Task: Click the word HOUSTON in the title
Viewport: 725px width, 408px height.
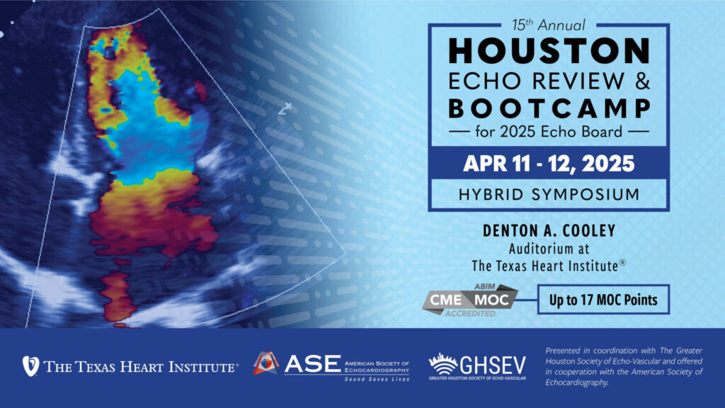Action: coord(548,52)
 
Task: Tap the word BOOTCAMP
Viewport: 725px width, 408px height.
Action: coord(548,108)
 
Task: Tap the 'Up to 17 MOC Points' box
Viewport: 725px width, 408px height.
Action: coord(603,300)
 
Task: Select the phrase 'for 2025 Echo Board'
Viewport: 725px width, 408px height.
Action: coord(548,132)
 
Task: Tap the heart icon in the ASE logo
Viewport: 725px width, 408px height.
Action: coord(266,363)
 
